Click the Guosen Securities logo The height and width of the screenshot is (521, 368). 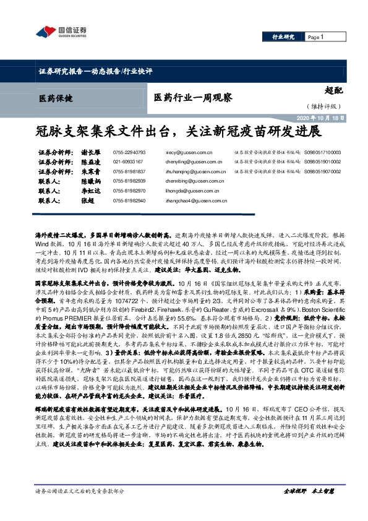[59, 32]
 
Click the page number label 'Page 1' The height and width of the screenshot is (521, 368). [315, 37]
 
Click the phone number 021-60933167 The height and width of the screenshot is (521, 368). [128, 161]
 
